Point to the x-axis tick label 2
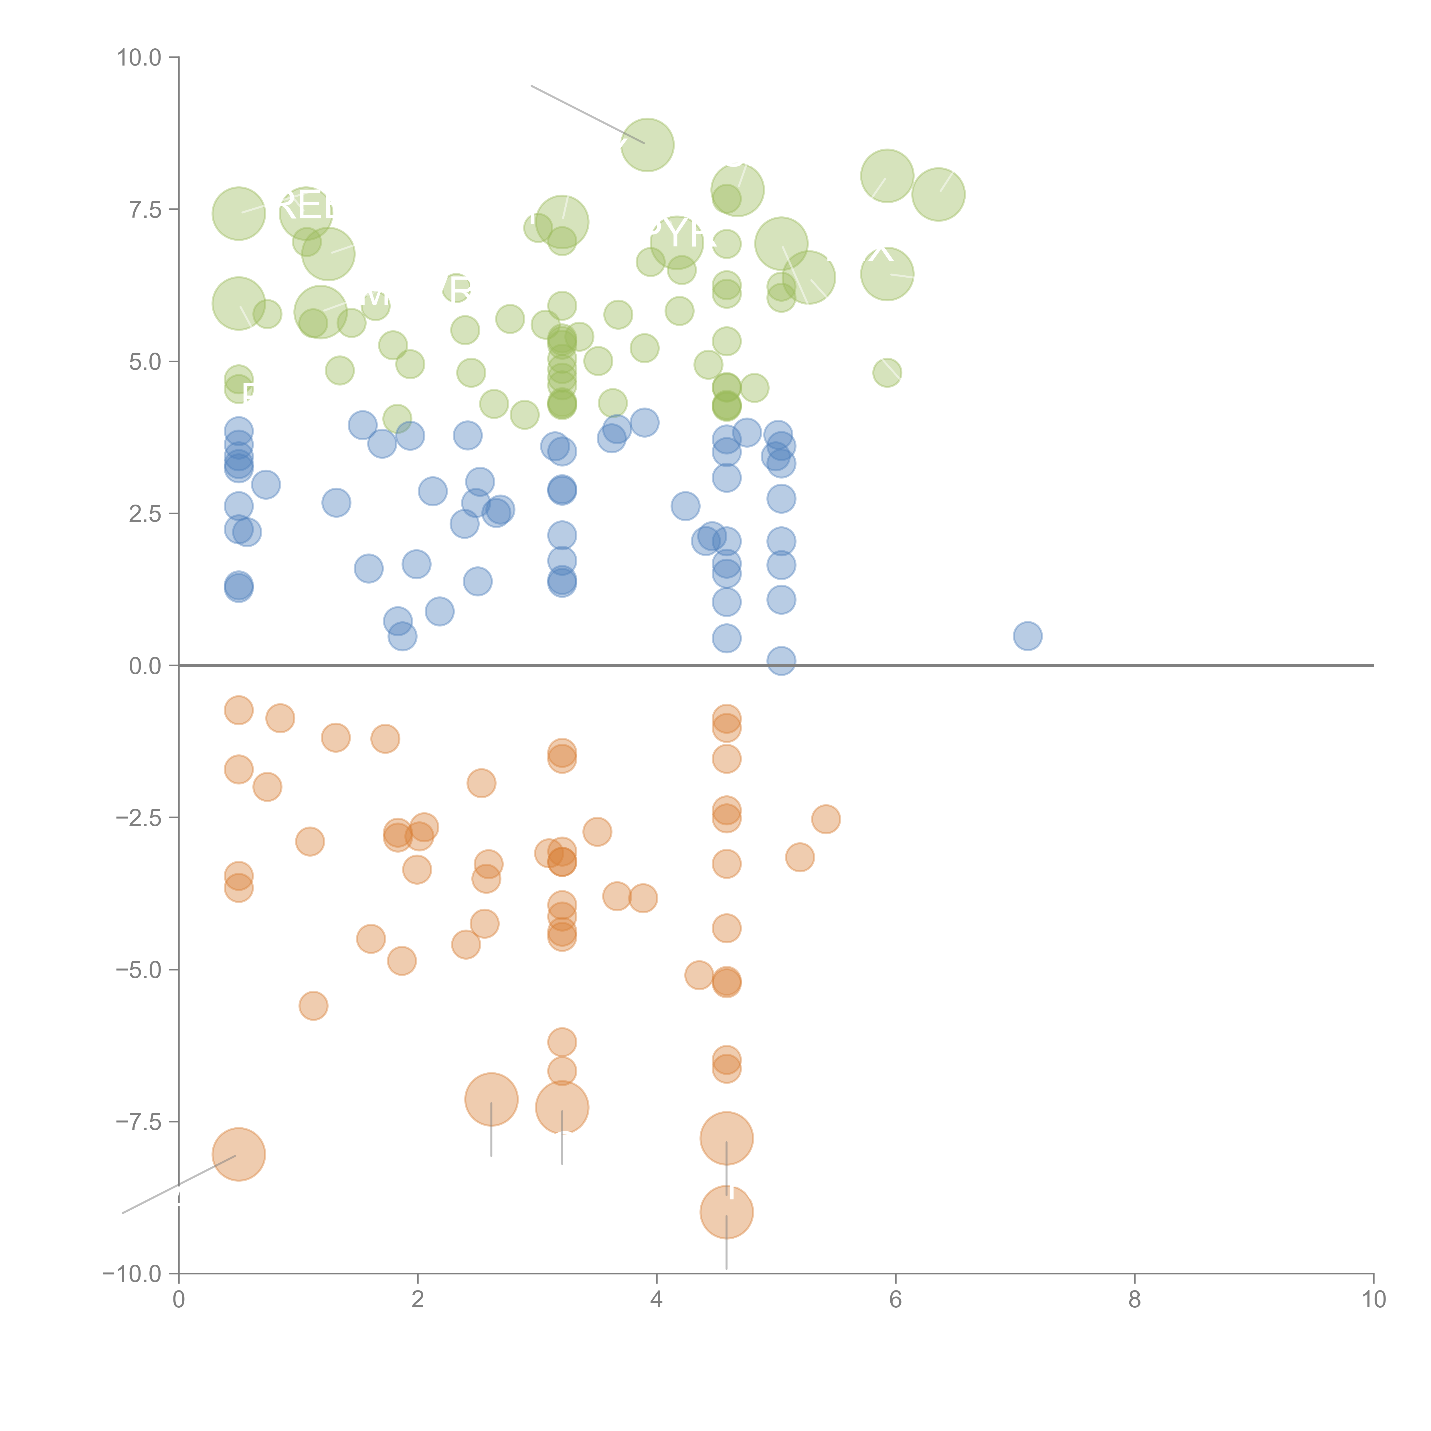(x=418, y=1300)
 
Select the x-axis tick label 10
(x=1373, y=1300)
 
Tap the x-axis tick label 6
(x=896, y=1300)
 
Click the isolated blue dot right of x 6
(x=1027, y=635)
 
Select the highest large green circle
(x=647, y=145)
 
